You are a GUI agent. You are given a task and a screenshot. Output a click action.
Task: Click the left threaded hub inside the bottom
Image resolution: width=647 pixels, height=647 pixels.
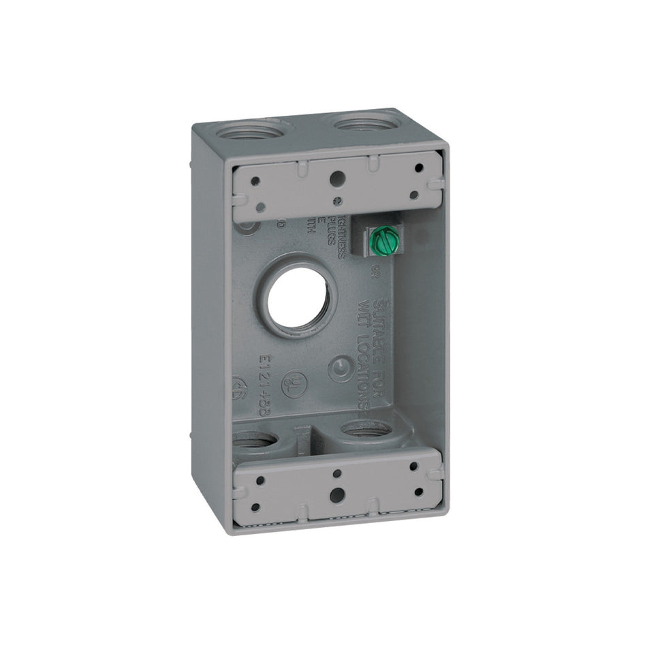[259, 447]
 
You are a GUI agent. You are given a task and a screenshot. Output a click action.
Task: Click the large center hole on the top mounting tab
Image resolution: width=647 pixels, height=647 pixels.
[336, 179]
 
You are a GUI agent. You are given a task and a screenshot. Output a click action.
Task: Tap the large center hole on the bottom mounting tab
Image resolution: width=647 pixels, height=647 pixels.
[336, 495]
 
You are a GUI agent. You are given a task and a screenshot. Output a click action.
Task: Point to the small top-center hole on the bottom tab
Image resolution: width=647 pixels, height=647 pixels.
[336, 471]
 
